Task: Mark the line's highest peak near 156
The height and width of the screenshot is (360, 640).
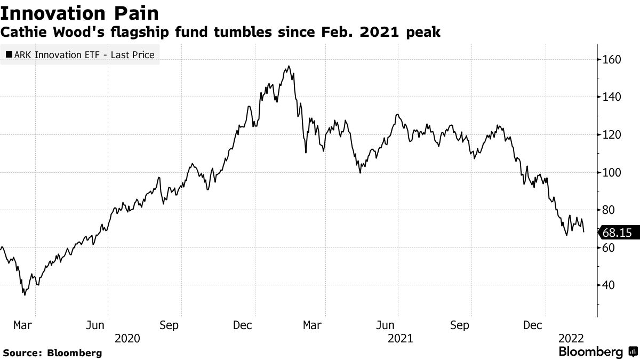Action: point(289,67)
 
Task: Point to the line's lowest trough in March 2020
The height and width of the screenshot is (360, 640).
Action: point(24,294)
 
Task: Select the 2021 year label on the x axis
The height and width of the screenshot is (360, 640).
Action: point(401,338)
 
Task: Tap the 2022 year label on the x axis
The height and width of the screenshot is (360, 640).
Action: point(571,338)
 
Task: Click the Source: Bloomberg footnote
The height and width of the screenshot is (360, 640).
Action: point(52,353)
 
